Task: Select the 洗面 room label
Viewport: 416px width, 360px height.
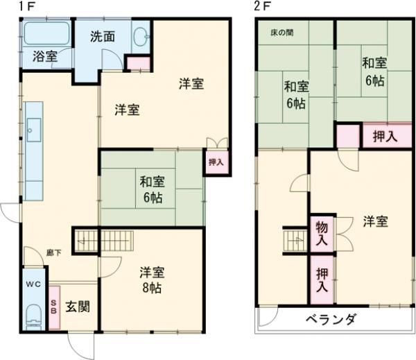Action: pos(103,37)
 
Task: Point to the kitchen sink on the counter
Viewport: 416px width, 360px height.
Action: pos(33,128)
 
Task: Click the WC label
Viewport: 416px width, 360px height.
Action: pos(34,285)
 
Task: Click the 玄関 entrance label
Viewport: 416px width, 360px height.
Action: pos(77,307)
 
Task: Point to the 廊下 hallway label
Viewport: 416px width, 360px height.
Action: pos(53,252)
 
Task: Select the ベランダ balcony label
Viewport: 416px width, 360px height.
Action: pos(330,320)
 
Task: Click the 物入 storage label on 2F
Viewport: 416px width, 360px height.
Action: pos(322,233)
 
